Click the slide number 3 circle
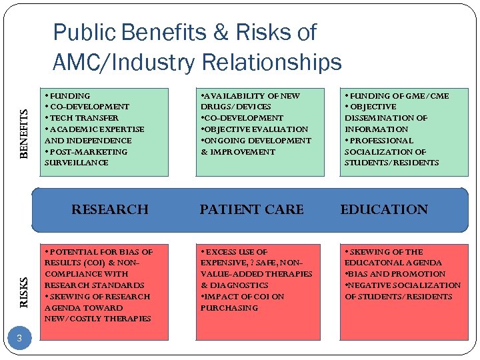click(20, 339)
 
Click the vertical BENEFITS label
click(24, 134)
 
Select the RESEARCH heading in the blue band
click(110, 209)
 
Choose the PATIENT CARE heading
click(251, 209)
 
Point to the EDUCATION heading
click(384, 209)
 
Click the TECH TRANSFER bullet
click(82, 118)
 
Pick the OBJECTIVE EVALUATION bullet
click(255, 129)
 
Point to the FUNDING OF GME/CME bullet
click(397, 95)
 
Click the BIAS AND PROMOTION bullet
click(396, 274)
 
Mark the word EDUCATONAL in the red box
click(373, 263)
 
